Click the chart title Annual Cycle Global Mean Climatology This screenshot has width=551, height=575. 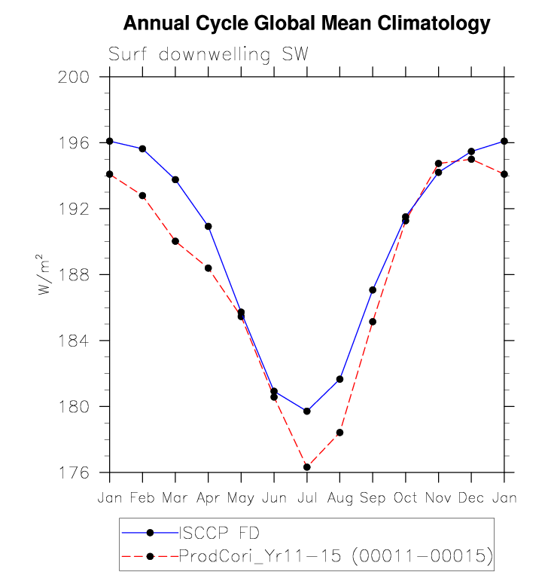tap(306, 24)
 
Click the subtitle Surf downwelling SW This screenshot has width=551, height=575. tap(209, 55)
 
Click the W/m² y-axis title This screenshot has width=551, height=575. tap(47, 274)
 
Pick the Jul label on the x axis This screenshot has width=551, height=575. tap(306, 498)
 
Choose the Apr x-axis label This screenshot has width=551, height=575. tap(208, 498)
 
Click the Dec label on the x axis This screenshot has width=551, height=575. tap(471, 498)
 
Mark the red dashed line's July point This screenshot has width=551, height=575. tap(307, 467)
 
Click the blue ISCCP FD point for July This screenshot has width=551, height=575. tap(307, 411)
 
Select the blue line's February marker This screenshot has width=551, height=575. tap(142, 148)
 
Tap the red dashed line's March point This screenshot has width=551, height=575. tap(175, 241)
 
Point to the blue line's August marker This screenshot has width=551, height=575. tap(339, 379)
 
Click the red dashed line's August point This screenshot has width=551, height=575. tap(339, 433)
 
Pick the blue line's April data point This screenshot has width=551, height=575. tap(208, 226)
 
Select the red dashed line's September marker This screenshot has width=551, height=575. tap(373, 322)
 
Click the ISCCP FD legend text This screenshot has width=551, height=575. tap(219, 534)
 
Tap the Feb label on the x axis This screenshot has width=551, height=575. tap(142, 498)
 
